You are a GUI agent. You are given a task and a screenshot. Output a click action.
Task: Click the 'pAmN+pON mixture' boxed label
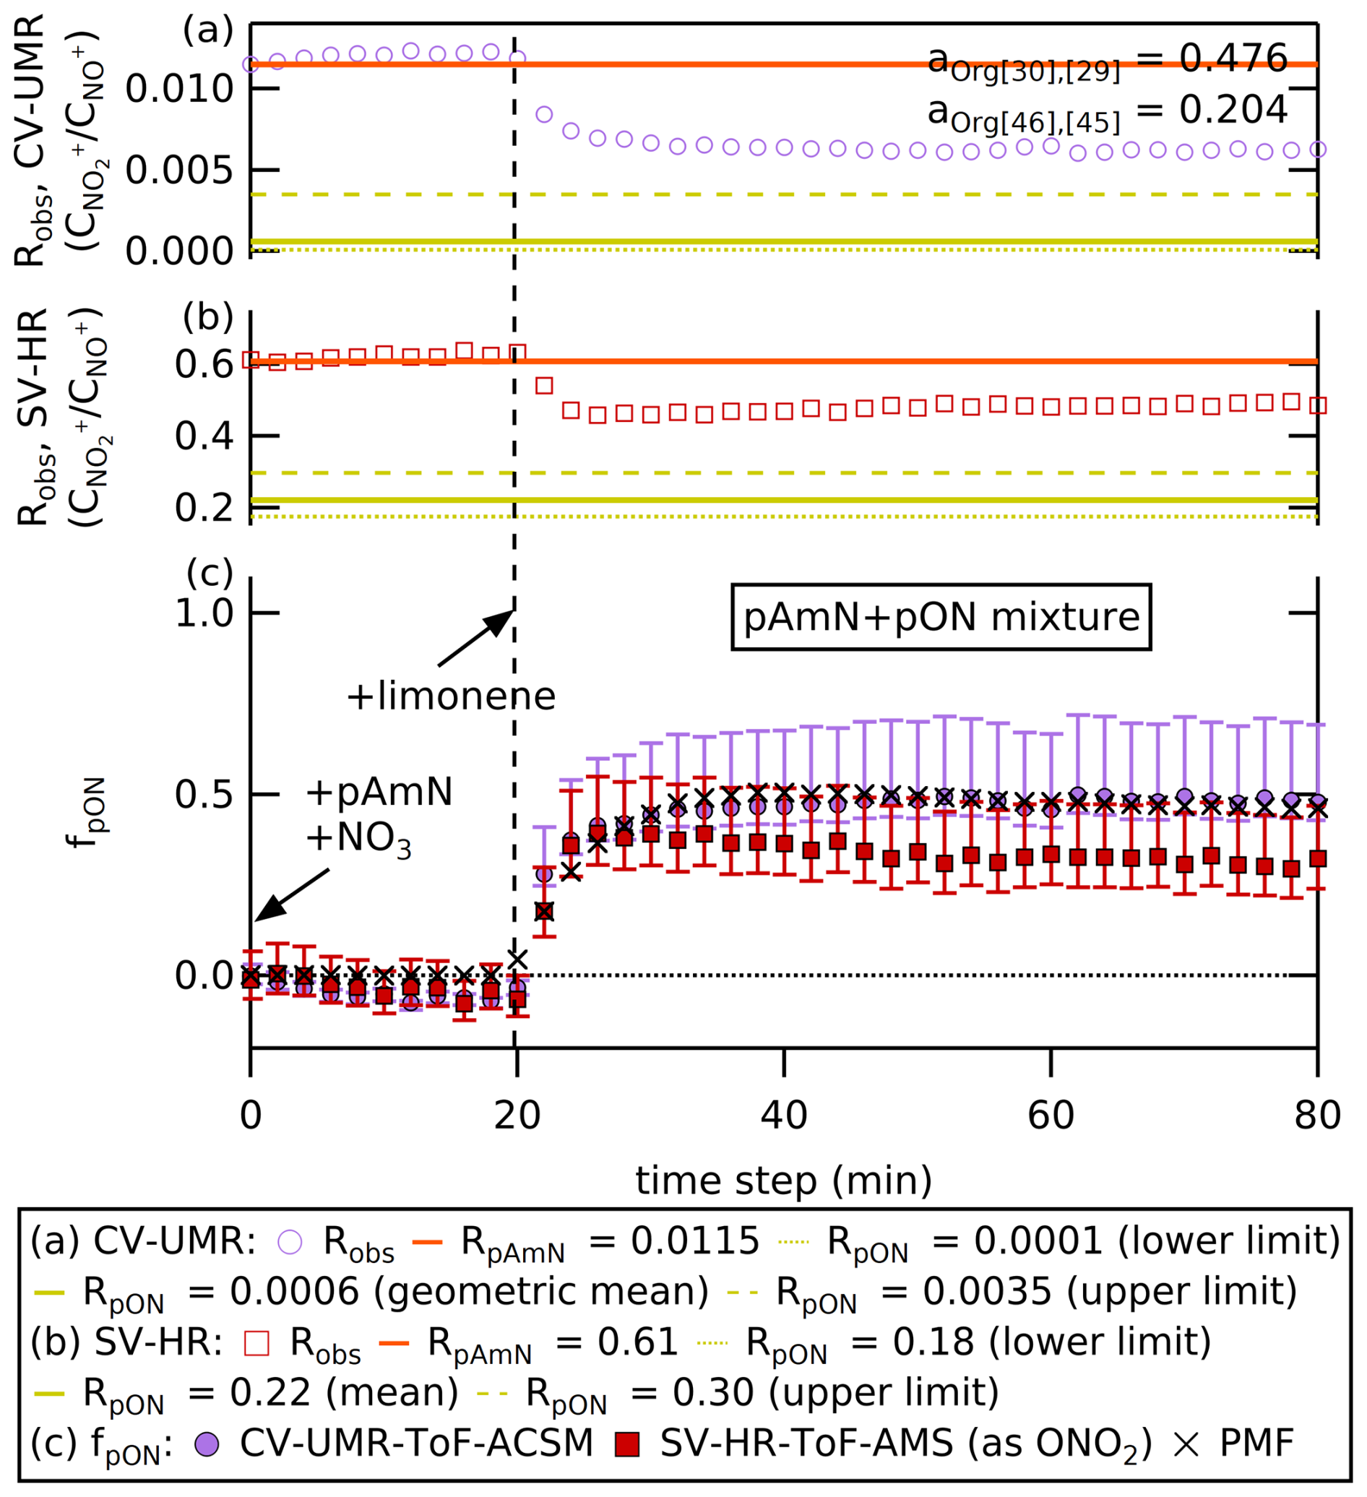pyautogui.click(x=941, y=617)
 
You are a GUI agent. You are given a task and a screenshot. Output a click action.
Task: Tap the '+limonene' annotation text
pyautogui.click(x=451, y=696)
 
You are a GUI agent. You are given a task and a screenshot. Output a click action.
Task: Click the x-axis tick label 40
pyautogui.click(x=783, y=1116)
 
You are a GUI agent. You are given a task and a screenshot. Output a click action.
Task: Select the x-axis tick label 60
pyautogui.click(x=1050, y=1116)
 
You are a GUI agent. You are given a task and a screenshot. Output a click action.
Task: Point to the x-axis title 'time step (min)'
pyautogui.click(x=783, y=1180)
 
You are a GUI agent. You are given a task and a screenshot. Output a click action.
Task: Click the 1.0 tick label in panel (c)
pyautogui.click(x=204, y=613)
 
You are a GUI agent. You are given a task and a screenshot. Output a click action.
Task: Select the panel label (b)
pyautogui.click(x=208, y=318)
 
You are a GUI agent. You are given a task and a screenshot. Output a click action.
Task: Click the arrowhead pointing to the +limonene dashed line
pyautogui.click(x=501, y=621)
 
